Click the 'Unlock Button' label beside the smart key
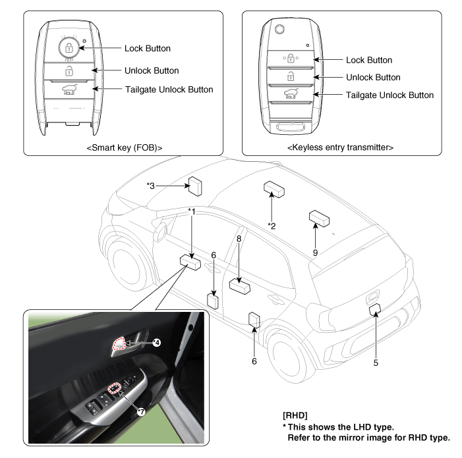[x=152, y=70]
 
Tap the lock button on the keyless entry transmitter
[x=290, y=59]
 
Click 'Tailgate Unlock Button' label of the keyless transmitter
[x=390, y=95]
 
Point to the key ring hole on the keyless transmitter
[x=280, y=30]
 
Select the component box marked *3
[x=195, y=186]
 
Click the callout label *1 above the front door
[x=192, y=211]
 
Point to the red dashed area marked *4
[x=121, y=343]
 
